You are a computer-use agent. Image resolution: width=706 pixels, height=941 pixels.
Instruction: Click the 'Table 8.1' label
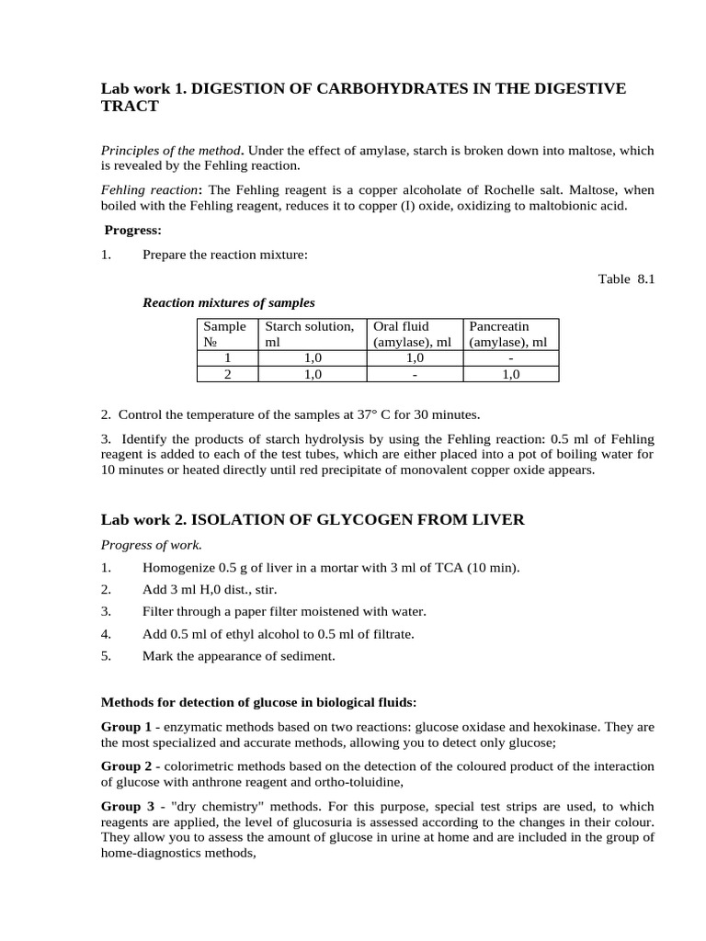[626, 278]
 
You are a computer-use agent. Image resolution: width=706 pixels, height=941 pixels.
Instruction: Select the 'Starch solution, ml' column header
[309, 334]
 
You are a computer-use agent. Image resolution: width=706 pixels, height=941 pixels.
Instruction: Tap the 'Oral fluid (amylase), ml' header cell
[412, 334]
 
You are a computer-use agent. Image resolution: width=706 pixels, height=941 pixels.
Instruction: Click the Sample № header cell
[224, 334]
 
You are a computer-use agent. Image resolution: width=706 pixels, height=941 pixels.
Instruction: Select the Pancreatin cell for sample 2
[510, 374]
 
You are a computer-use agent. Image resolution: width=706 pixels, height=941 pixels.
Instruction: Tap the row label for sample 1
[227, 358]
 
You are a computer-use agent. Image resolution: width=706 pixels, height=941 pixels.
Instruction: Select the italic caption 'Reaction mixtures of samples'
[229, 302]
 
